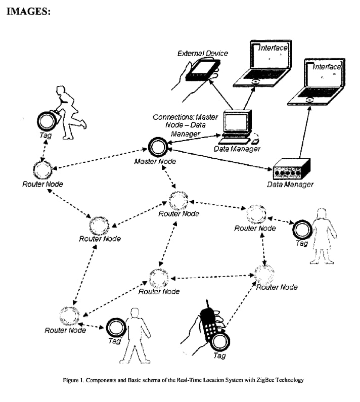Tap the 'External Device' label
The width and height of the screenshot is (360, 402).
202,54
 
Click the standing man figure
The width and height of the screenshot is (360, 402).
134,334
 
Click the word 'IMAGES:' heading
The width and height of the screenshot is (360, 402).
28,12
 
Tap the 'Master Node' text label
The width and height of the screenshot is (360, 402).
155,161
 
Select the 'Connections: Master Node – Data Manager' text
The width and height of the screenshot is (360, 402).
185,124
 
